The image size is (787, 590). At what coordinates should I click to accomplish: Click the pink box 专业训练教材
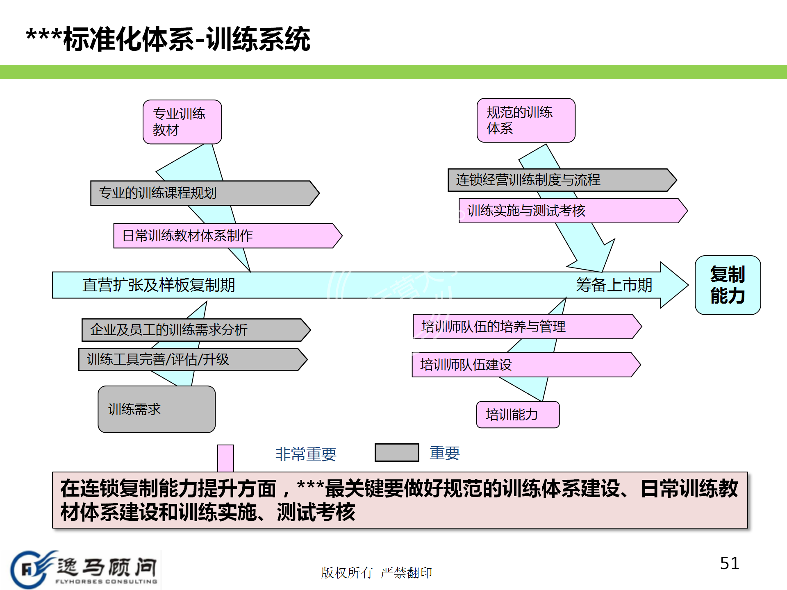click(x=182, y=122)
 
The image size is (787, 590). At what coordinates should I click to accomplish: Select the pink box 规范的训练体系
click(x=525, y=120)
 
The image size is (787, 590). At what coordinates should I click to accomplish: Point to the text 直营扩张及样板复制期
click(x=159, y=285)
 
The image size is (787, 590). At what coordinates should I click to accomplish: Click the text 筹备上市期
click(x=614, y=285)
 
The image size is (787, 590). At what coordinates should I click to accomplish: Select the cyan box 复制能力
click(x=728, y=285)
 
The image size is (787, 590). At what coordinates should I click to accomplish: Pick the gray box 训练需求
click(x=157, y=409)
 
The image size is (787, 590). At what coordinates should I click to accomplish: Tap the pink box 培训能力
click(x=518, y=415)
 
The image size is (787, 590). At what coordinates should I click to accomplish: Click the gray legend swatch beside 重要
click(x=397, y=452)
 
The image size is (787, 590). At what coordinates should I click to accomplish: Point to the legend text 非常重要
click(x=306, y=454)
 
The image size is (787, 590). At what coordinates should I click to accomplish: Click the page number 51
click(x=730, y=563)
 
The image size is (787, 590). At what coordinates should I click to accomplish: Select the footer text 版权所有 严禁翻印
click(x=376, y=572)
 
